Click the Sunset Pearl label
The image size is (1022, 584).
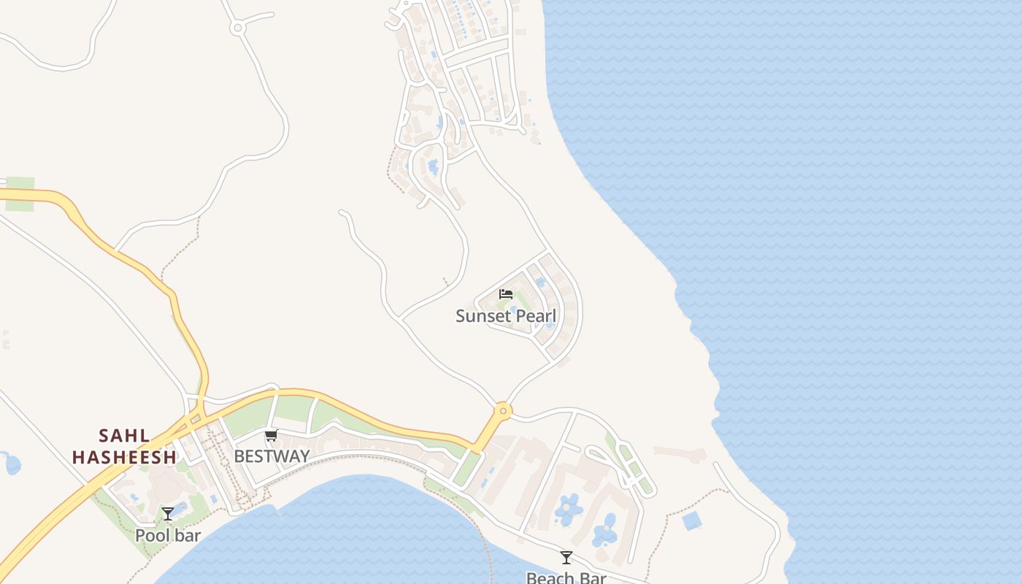pos(506,316)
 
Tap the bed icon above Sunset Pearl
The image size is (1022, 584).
pos(506,294)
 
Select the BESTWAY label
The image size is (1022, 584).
pos(272,456)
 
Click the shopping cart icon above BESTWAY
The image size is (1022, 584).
pos(272,436)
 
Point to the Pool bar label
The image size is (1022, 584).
pos(168,535)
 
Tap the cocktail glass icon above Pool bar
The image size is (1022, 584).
pos(168,514)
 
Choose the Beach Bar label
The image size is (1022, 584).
pos(566,577)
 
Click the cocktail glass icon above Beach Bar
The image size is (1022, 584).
pos(566,558)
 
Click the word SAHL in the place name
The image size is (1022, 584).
pos(125,436)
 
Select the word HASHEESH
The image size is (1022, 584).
pos(125,457)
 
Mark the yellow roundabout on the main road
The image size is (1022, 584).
pos(502,410)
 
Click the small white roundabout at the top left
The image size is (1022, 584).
pos(237,28)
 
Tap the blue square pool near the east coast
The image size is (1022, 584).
pos(691,520)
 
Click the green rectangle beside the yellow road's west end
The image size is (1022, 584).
pos(20,194)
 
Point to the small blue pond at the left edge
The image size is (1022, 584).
pos(12,464)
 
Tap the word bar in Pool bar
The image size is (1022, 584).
pos(188,535)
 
